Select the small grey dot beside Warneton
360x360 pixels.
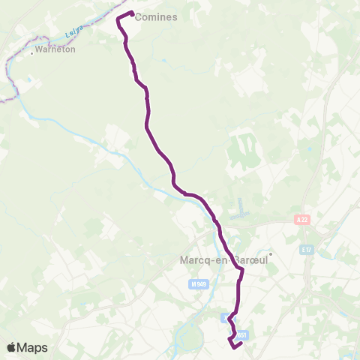coord(32,52)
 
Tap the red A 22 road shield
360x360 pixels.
coord(301,219)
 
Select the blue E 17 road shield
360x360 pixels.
coord(305,249)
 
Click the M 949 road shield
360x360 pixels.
coord(198,284)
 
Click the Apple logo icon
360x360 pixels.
coord(12,347)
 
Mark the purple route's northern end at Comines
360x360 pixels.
coord(132,13)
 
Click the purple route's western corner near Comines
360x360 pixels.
coord(118,18)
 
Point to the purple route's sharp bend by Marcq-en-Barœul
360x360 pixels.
coord(242,270)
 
